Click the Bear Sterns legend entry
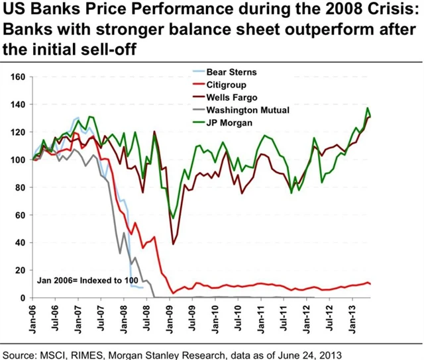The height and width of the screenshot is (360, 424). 230,71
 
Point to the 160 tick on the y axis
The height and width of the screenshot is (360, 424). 18,77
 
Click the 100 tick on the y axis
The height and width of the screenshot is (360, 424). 18,159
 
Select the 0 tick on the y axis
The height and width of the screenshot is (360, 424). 22,298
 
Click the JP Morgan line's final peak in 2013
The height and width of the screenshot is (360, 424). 368,108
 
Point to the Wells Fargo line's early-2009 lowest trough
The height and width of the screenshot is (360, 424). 174,244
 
